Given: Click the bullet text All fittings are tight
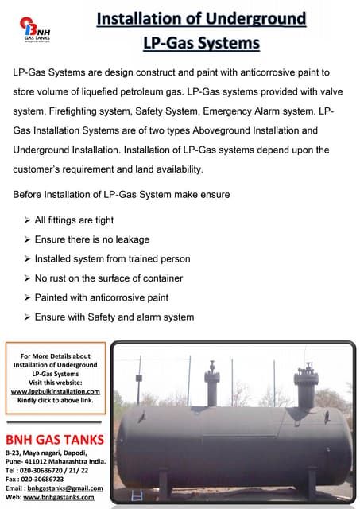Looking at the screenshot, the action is click(x=74, y=220).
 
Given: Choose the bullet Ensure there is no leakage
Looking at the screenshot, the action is click(x=91, y=239).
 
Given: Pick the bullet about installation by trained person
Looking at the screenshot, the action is click(x=112, y=258).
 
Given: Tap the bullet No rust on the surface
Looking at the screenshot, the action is click(x=109, y=278).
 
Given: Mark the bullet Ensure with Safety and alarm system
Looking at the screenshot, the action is click(x=114, y=317).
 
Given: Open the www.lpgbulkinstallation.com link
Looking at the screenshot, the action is click(x=55, y=391).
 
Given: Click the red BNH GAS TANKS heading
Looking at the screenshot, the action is click(x=54, y=440).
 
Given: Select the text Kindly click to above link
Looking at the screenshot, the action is click(x=55, y=400).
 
